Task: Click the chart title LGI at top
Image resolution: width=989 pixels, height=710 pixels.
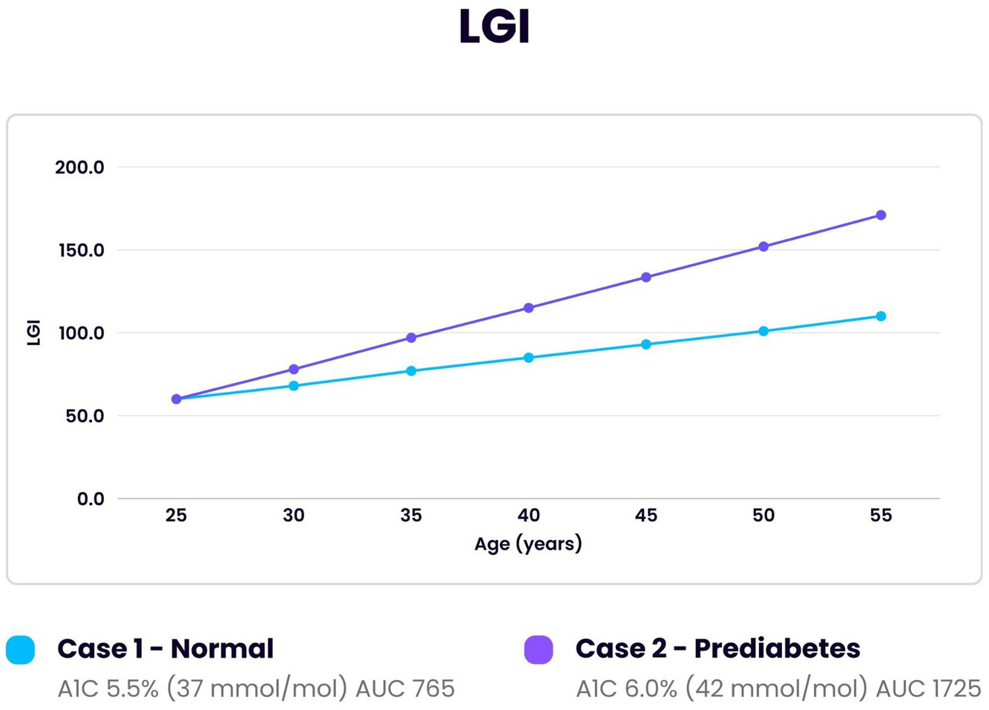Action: (494, 27)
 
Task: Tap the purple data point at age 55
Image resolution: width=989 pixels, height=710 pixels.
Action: (880, 215)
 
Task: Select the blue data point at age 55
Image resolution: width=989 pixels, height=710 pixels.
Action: (880, 316)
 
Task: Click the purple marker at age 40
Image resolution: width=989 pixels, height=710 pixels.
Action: (528, 308)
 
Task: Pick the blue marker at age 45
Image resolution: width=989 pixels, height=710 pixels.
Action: (646, 344)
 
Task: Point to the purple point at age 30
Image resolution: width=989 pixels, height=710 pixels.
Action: (294, 369)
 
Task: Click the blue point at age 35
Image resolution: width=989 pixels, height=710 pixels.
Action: (411, 371)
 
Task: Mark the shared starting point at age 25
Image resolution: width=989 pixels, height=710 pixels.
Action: (176, 399)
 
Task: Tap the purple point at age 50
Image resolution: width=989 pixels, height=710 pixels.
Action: (763, 247)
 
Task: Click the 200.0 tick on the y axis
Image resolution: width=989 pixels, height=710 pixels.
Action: (80, 167)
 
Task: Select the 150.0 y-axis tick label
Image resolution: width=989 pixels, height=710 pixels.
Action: (81, 250)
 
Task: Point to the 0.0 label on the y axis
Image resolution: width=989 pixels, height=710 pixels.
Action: (90, 499)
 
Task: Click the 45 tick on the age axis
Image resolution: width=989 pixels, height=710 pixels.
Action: (646, 515)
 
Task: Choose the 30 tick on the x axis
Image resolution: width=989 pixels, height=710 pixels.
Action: (294, 515)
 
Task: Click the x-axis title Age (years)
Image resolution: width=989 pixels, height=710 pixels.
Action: (528, 543)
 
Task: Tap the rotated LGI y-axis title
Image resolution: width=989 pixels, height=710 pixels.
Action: (33, 332)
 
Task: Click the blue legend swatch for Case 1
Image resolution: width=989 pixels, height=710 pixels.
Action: (20, 649)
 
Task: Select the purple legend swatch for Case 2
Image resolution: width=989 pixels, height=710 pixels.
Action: (538, 649)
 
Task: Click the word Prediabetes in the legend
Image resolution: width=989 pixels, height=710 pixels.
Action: (777, 649)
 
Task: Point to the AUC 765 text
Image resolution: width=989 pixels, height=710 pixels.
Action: (405, 688)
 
